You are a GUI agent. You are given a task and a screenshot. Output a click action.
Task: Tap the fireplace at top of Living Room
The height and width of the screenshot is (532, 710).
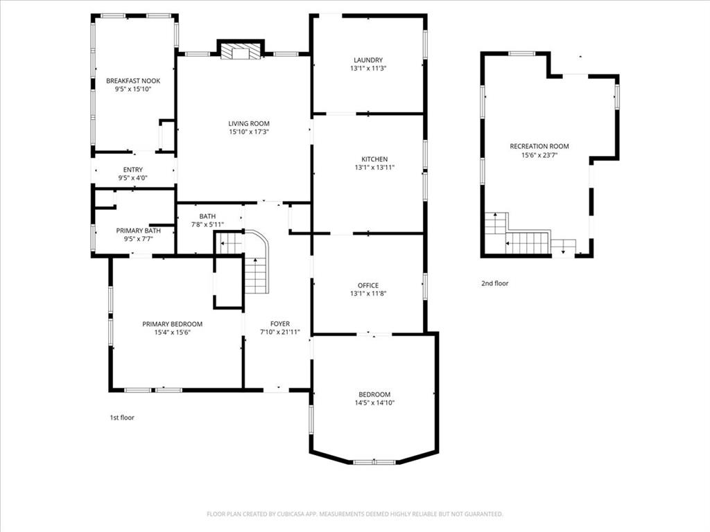pos(241,51)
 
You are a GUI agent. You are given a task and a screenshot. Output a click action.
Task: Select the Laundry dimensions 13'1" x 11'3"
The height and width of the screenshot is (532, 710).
pos(367,69)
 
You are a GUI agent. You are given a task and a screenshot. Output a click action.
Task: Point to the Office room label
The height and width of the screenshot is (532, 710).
pos(367,285)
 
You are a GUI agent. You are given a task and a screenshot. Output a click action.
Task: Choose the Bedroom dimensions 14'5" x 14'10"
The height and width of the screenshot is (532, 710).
pos(375,402)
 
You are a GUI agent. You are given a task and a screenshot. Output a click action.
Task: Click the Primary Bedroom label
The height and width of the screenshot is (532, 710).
pos(172,323)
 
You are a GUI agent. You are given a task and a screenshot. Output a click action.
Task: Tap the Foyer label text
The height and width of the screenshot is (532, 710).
pos(280,323)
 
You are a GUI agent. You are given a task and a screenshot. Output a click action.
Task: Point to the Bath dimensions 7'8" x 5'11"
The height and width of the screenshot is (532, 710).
pos(207,224)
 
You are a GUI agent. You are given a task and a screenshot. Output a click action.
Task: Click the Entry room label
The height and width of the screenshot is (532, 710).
pos(133,170)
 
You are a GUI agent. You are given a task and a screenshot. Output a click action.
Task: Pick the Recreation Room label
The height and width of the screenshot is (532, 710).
pos(539,146)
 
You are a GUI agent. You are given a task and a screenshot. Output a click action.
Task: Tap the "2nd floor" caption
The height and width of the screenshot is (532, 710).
pos(494,283)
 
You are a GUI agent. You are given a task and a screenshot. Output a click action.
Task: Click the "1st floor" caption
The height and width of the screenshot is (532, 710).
pos(122,418)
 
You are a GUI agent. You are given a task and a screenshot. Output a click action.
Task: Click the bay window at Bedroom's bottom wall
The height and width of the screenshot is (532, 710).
pos(374,462)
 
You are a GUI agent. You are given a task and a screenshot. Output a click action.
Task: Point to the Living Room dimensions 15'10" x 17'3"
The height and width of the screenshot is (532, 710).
pos(249,132)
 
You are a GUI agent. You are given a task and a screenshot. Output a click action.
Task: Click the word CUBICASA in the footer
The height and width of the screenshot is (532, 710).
pos(295,514)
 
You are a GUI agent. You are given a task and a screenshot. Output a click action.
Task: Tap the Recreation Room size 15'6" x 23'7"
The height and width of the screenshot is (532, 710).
pos(539,155)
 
